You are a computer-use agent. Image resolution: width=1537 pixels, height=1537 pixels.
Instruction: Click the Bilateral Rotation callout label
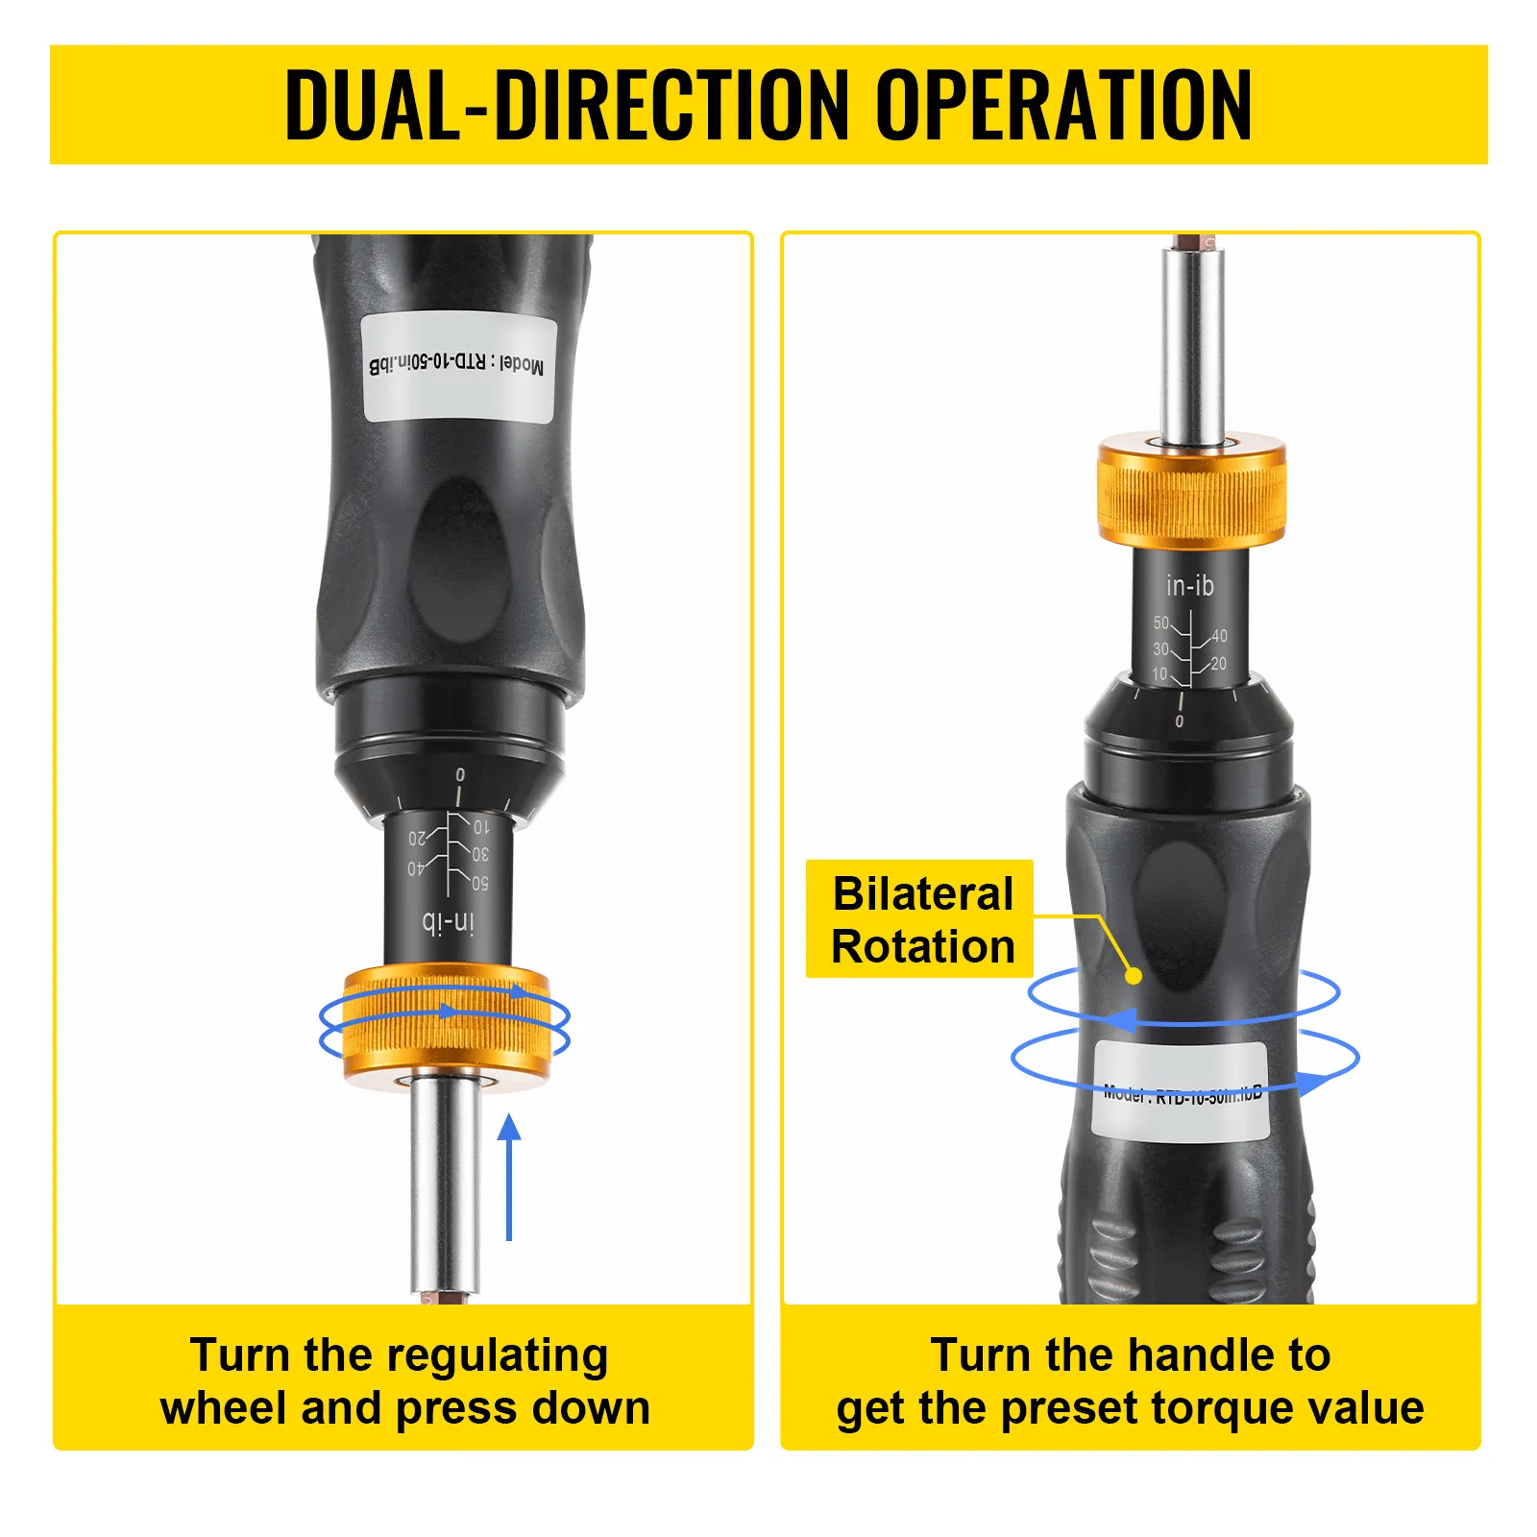coord(922,919)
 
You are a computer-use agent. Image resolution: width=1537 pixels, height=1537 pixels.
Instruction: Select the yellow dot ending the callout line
coord(1134,976)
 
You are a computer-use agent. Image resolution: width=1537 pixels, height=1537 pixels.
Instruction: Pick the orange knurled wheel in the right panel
coord(1191,492)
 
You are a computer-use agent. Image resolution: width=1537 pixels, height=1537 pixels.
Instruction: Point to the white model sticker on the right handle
coord(1180,1092)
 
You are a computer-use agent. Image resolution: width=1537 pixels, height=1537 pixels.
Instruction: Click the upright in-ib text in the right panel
coord(1189,585)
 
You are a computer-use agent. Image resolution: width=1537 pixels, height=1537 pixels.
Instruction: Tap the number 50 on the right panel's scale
coord(1161,623)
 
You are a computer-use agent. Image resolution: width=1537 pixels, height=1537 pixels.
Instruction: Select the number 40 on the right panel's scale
coord(1219,636)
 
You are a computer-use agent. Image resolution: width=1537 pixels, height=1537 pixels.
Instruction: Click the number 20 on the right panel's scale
coord(1219,663)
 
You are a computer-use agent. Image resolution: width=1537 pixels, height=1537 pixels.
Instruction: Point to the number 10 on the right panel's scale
coord(1160,674)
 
